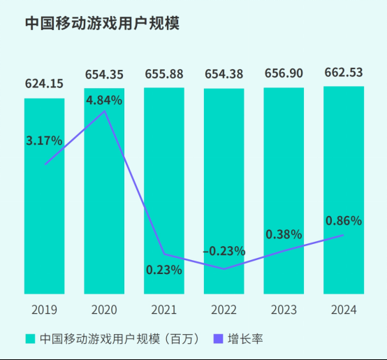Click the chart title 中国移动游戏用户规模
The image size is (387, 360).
pos(102,23)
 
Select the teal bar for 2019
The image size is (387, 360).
pos(45,210)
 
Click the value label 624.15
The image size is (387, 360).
pos(45,84)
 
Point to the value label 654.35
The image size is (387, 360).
pos(104,73)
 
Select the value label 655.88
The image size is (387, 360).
pos(164,73)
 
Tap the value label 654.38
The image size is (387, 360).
pos(224,73)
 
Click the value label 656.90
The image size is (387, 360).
pos(284,73)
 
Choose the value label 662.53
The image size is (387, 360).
pos(344,73)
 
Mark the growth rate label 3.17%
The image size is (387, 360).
pos(44,141)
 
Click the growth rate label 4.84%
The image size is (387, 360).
pos(104,100)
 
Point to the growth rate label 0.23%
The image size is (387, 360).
pos(164,269)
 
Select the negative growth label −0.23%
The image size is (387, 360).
pos(224,250)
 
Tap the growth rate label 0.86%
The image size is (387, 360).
pos(344,221)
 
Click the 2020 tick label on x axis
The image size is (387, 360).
pos(104,310)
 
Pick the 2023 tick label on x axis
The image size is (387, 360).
pos(284,310)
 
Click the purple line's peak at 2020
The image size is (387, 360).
pos(105,111)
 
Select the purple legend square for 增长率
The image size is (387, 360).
pos(217,339)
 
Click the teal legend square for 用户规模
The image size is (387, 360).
pos(30,339)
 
